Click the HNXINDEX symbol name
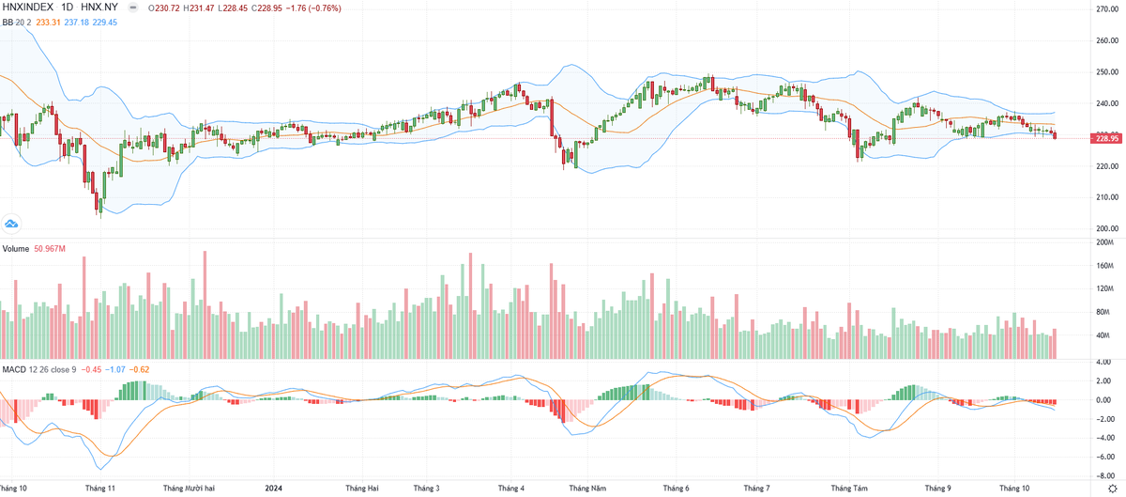click(27, 8)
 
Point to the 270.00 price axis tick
click(1107, 9)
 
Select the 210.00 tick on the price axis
click(1107, 197)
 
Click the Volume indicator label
click(16, 249)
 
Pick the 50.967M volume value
click(50, 249)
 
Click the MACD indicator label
click(14, 369)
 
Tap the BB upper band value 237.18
click(76, 23)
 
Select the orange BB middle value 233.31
click(48, 23)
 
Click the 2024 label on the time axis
click(273, 488)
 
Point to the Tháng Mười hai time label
click(189, 488)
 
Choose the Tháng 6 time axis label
click(677, 488)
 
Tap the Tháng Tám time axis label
click(849, 488)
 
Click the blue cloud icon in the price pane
click(11, 225)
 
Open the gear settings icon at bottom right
click(1113, 489)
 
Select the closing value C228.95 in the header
click(266, 8)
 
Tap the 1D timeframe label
click(67, 8)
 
